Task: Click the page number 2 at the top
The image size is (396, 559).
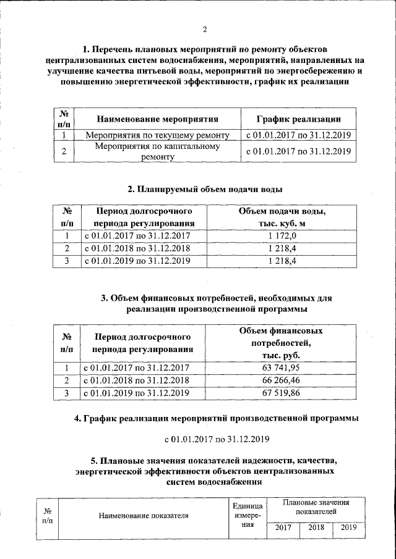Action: click(204, 30)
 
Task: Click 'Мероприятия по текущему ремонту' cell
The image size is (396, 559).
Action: click(158, 135)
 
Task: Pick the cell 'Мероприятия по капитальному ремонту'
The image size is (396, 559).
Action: click(158, 151)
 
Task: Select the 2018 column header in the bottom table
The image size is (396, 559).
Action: click(316, 528)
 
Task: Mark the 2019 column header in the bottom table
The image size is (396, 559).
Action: click(348, 528)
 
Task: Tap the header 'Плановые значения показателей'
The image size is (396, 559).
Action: click(315, 507)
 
